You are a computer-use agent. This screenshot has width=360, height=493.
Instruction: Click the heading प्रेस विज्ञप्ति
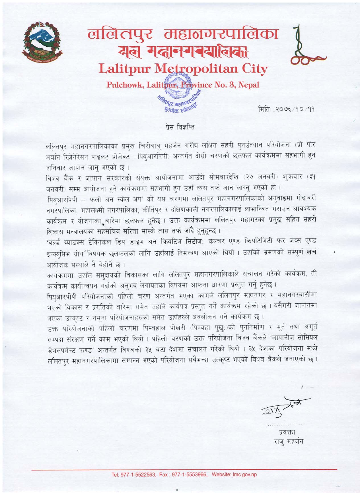point(180,127)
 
